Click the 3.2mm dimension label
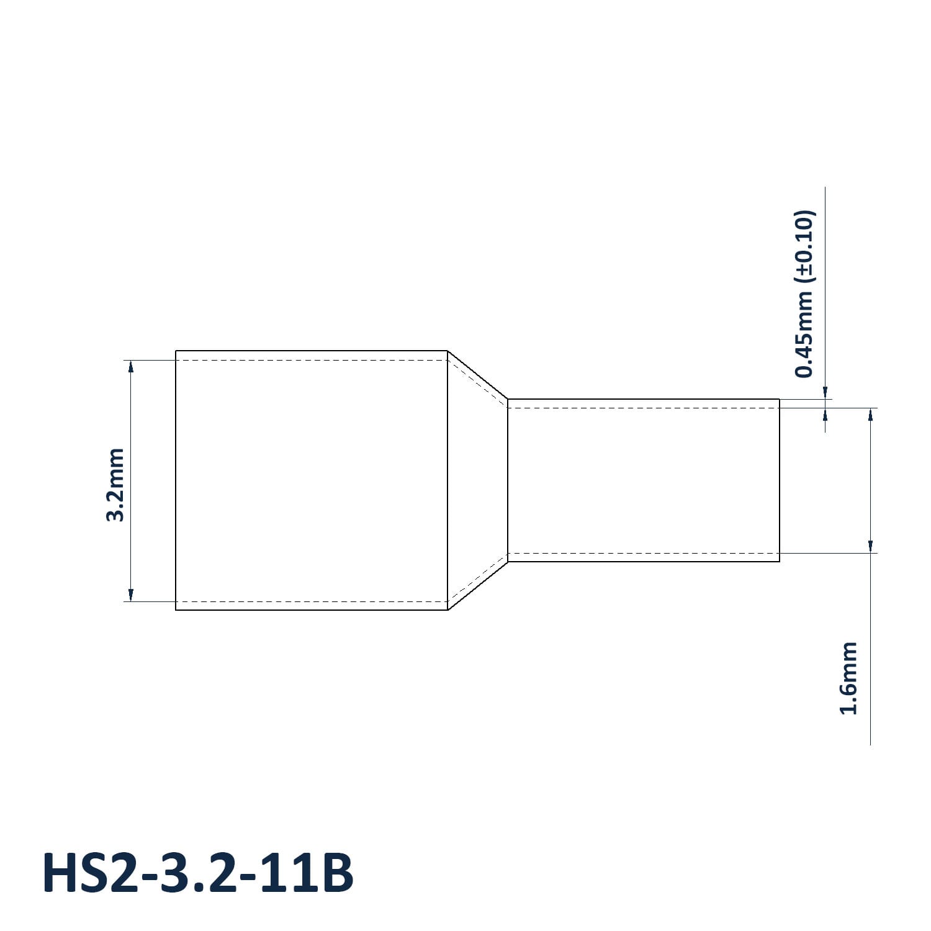(x=115, y=485)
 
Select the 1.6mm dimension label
(x=848, y=678)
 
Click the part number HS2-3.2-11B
(x=197, y=873)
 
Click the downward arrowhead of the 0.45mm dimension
(x=825, y=392)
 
